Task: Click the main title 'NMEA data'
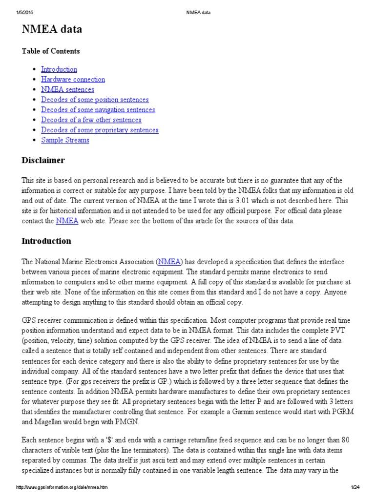(52, 29)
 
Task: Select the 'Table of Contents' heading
(51, 51)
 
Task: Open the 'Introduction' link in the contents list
(59, 69)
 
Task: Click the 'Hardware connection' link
(73, 80)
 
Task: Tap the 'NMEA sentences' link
(67, 89)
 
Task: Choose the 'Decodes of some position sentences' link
(95, 100)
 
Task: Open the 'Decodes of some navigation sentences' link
(98, 110)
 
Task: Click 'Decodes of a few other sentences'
(91, 120)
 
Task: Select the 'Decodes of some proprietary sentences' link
(100, 130)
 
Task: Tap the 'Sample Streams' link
(65, 140)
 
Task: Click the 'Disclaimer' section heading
(43, 161)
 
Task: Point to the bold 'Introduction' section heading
(46, 241)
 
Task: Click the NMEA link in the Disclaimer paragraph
(67, 221)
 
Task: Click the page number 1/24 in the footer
(354, 493)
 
